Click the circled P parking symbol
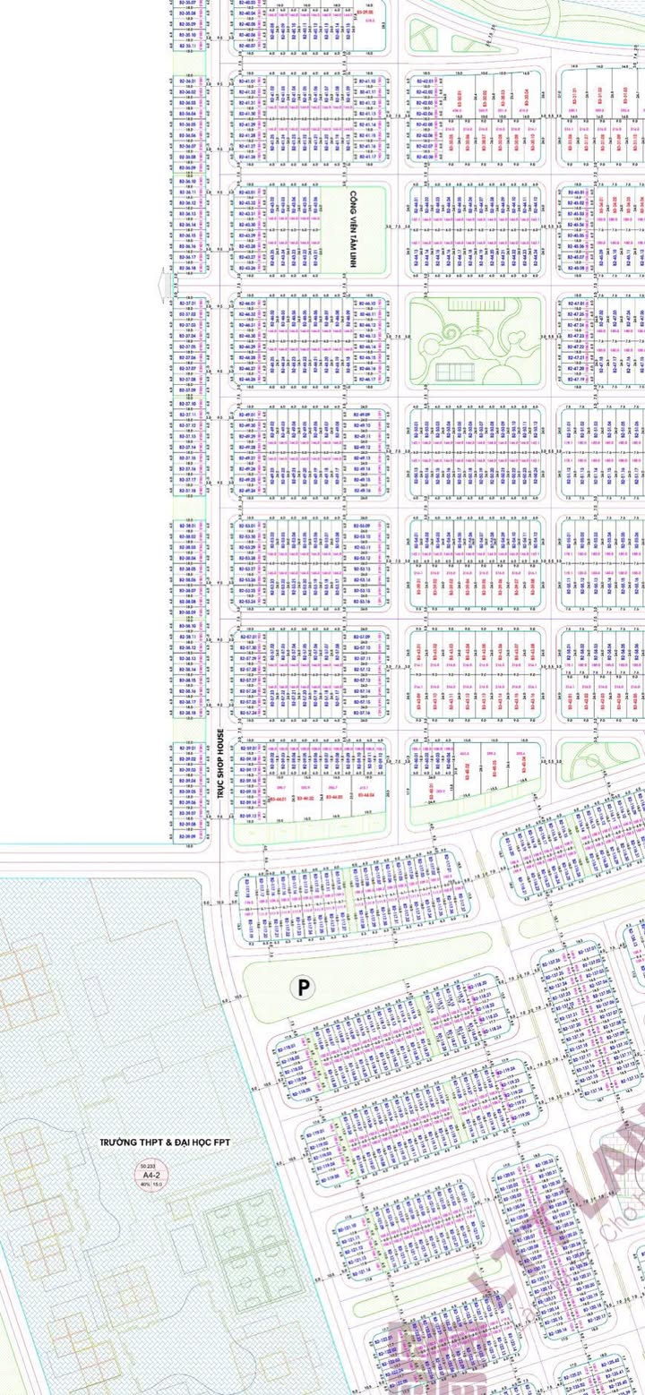(x=305, y=987)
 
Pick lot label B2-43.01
(x=250, y=192)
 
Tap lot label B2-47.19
(x=576, y=379)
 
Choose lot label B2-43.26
(x=250, y=267)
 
